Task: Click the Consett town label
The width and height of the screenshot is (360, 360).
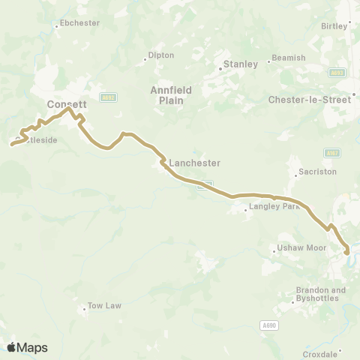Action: click(67, 104)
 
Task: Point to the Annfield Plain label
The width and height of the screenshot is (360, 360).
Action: click(171, 94)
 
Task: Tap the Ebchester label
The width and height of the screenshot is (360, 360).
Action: click(79, 23)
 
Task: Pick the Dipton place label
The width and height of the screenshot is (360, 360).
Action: click(161, 55)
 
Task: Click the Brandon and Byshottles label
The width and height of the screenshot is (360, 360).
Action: click(321, 294)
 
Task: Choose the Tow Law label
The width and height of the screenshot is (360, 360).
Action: click(104, 306)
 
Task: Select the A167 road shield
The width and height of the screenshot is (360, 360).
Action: click(331, 152)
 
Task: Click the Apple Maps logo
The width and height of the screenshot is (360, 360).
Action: click(27, 347)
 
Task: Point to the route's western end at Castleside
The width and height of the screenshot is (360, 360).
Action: click(12, 144)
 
